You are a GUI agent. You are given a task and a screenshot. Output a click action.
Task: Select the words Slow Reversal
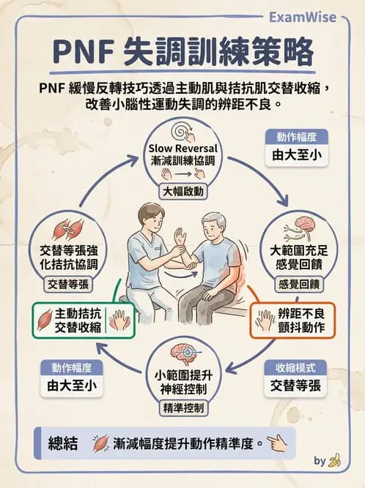[x=182, y=149]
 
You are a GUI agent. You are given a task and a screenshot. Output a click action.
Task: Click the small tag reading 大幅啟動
[x=182, y=192]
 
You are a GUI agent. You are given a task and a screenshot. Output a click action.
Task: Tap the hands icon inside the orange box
[x=266, y=320]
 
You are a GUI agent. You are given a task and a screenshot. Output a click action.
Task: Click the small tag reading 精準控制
[x=182, y=407]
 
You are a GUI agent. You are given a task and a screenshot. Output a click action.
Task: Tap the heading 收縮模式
[x=296, y=367]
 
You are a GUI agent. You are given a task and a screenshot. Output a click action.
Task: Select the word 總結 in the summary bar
[x=62, y=443]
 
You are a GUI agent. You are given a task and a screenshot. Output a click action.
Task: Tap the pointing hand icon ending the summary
[x=276, y=443]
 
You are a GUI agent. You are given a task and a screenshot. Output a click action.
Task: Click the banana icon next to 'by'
[x=335, y=461]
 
